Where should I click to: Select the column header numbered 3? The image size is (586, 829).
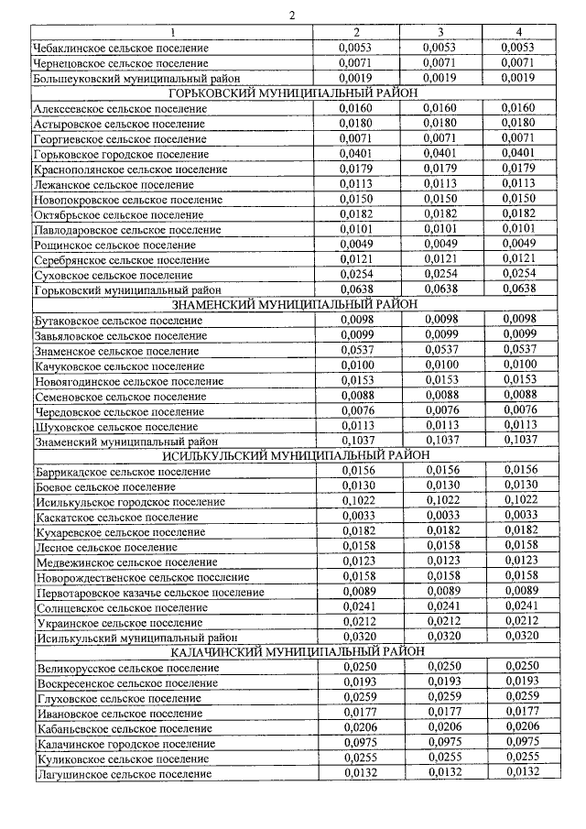tap(440, 32)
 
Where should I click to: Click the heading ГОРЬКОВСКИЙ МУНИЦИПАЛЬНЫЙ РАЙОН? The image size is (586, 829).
tap(293, 93)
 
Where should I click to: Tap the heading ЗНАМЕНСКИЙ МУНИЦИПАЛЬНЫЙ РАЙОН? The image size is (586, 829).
tap(293, 303)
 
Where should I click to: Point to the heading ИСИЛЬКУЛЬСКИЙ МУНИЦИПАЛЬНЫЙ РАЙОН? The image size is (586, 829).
tap(293, 455)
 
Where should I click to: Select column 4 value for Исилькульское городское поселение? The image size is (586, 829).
tap(518, 501)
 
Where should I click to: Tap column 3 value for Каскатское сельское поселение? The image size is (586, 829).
tap(440, 516)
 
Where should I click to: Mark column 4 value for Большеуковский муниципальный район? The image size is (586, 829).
tap(518, 78)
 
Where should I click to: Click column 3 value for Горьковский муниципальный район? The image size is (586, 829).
tap(440, 289)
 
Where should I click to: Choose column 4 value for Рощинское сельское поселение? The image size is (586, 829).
tap(518, 244)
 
